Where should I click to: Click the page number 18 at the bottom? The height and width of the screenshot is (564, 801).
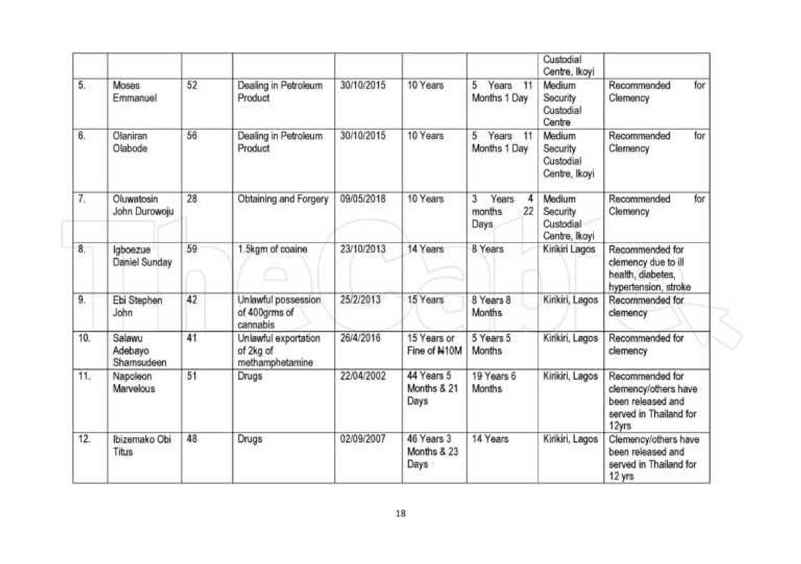pyautogui.click(x=400, y=513)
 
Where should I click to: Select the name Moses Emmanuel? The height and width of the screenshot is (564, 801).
pyautogui.click(x=129, y=92)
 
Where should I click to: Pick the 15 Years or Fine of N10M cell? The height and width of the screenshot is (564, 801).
pyautogui.click(x=433, y=342)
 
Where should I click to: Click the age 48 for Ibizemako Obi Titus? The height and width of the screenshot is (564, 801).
pyautogui.click(x=191, y=437)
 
